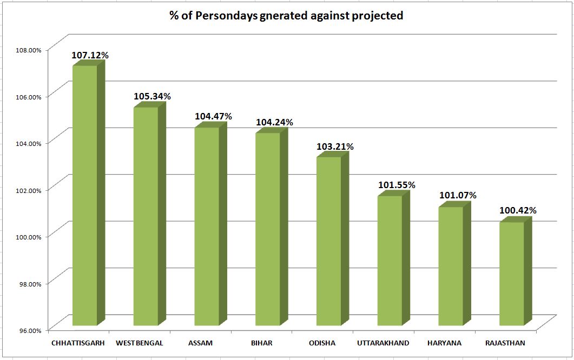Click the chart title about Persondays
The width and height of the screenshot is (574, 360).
[287, 16]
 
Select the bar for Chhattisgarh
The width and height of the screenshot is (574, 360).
[85, 195]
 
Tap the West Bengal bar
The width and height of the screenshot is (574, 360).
[146, 216]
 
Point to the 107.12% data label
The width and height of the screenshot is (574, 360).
[90, 55]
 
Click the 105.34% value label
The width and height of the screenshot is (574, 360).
[152, 97]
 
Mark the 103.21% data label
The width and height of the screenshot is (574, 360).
[335, 146]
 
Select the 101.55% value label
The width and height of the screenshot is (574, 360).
[397, 185]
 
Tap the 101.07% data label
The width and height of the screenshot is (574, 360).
[458, 196]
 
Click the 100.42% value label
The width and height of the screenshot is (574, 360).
[518, 211]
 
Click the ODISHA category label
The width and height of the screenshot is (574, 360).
[322, 343]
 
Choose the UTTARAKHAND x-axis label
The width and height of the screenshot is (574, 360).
[383, 343]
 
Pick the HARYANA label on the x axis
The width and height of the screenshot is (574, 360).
[444, 343]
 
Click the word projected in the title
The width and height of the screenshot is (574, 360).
[377, 16]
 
